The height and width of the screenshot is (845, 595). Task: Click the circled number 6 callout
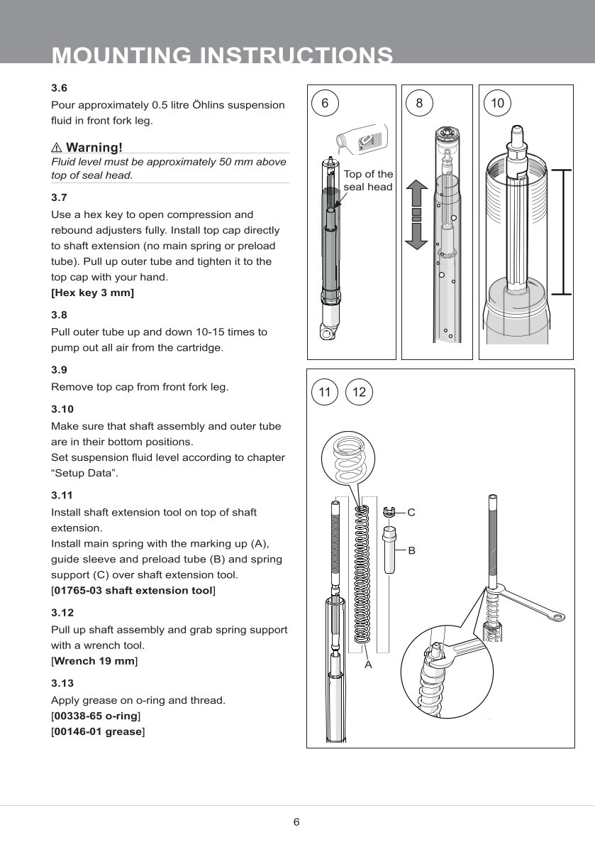pos(325,104)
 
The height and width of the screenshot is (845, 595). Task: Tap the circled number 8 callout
pos(419,104)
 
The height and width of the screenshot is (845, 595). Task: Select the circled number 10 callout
pos(497,104)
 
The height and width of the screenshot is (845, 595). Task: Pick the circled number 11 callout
pos(325,392)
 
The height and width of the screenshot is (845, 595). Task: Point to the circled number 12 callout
pos(359,392)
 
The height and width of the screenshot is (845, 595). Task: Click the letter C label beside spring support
pos(411,511)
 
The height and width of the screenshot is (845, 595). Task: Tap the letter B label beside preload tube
pos(411,550)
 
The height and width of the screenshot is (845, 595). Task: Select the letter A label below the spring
pos(368,665)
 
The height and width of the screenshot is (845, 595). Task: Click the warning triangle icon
pos(57,148)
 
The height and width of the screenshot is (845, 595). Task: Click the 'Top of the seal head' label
pos(368,180)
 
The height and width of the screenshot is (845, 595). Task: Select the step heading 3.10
pos(61,409)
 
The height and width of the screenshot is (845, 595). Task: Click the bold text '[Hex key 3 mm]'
pos(92,293)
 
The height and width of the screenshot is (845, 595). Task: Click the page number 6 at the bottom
pos(297,822)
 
